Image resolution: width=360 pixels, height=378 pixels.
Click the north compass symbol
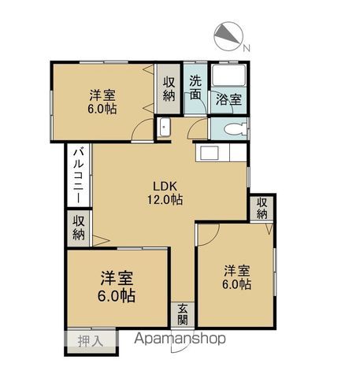pyautogui.click(x=228, y=36)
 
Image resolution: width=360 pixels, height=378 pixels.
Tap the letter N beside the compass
pyautogui.click(x=247, y=48)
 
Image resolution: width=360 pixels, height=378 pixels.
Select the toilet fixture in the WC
pyautogui.click(x=235, y=129)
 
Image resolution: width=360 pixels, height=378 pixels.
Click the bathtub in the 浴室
pyautogui.click(x=228, y=75)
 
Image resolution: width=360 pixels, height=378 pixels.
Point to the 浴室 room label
pyautogui.click(x=228, y=100)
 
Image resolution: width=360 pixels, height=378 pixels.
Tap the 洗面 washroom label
pyautogui.click(x=195, y=88)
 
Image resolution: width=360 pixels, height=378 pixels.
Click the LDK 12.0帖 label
pyautogui.click(x=165, y=193)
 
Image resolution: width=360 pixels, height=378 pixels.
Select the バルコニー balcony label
pyautogui.click(x=79, y=176)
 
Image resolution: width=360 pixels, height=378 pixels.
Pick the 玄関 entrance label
pyautogui.click(x=183, y=314)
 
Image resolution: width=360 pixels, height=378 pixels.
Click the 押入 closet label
pyautogui.click(x=90, y=341)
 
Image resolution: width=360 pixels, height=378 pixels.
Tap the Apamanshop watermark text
pyautogui.click(x=180, y=339)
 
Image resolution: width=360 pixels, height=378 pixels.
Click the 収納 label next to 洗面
pyautogui.click(x=169, y=89)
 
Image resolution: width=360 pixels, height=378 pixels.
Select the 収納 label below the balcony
pyautogui.click(x=79, y=228)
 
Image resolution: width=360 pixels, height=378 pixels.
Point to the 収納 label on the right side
pyautogui.click(x=262, y=208)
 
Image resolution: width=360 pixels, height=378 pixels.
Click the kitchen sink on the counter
pyautogui.click(x=210, y=153)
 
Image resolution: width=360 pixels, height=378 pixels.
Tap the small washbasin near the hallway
pyautogui.click(x=165, y=128)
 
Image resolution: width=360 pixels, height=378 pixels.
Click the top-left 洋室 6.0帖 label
pyautogui.click(x=102, y=102)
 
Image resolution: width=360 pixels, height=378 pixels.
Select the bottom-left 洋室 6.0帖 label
pyautogui.click(x=117, y=287)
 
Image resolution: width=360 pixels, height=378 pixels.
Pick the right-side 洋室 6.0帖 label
pyautogui.click(x=237, y=278)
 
